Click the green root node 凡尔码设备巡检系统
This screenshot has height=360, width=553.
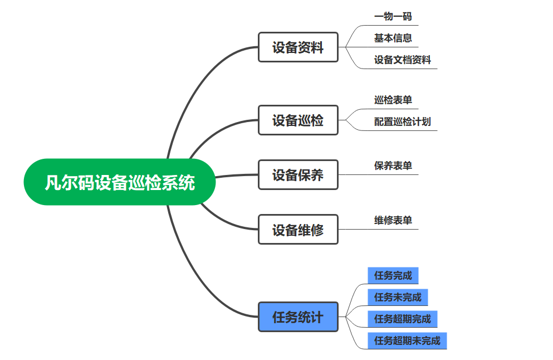[119, 182]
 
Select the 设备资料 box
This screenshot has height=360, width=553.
[298, 47]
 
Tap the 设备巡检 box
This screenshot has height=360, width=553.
[298, 120]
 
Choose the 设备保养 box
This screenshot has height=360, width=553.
[298, 175]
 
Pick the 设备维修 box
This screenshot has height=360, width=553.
[298, 229]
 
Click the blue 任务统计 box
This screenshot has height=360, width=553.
[298, 317]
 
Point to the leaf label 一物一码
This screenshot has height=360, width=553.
[393, 17]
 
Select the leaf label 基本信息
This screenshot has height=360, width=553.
[393, 38]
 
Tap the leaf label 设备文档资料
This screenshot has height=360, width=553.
[402, 60]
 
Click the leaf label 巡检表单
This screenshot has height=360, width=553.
[393, 100]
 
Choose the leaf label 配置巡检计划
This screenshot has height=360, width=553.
[402, 122]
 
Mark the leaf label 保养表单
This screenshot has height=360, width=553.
[393, 166]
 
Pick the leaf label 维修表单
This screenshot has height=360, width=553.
[393, 221]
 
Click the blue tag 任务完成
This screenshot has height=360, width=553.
[393, 275]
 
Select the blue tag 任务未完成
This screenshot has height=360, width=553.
[398, 297]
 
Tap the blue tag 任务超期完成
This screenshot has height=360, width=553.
[402, 319]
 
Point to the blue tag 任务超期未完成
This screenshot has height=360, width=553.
[407, 340]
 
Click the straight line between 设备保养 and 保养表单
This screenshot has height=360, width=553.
[379, 175]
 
